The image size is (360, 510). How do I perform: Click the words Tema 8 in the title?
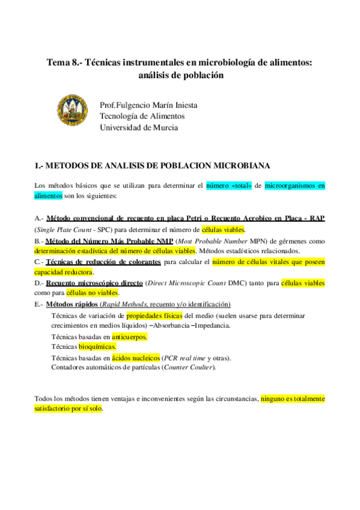[63, 63]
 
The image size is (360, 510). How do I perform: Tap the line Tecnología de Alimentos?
[142, 116]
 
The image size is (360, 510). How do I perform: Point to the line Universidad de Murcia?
[139, 127]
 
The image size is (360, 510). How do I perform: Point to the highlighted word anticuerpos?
[129, 337]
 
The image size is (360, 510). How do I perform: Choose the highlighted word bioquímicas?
[97, 347]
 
